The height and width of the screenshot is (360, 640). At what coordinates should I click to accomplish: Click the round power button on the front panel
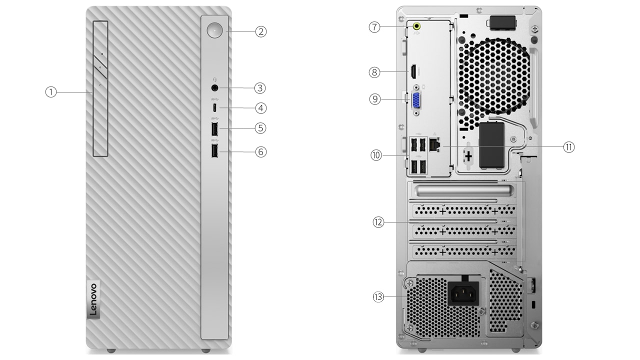[x=214, y=30]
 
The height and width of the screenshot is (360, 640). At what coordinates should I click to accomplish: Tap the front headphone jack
[x=214, y=88]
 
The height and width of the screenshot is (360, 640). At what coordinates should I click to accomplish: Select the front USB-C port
[x=214, y=107]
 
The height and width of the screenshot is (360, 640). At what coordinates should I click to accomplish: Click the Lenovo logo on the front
[x=93, y=299]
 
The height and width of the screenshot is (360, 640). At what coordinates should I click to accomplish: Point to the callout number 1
[x=51, y=92]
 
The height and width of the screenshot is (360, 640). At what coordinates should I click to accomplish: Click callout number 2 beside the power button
[x=261, y=31]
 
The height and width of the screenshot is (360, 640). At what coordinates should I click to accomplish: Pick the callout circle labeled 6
[x=261, y=151]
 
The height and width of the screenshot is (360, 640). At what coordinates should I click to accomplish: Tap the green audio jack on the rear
[x=417, y=26]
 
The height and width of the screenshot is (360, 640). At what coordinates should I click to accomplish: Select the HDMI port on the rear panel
[x=413, y=71]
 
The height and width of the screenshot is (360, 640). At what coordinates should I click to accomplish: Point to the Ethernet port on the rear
[x=434, y=145]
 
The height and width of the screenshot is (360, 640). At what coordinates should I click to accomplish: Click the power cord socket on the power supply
[x=463, y=293]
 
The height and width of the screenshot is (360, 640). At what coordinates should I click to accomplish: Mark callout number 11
[x=569, y=147]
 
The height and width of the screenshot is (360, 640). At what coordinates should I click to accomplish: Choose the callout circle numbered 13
[x=378, y=297]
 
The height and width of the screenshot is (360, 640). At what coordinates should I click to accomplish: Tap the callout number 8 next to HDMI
[x=374, y=72]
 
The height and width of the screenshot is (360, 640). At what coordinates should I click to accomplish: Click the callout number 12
[x=378, y=222]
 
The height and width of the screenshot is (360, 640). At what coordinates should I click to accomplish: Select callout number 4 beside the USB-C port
[x=261, y=108]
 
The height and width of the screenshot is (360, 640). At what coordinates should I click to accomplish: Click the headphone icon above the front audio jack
[x=215, y=79]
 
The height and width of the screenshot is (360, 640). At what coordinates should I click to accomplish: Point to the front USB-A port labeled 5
[x=214, y=129]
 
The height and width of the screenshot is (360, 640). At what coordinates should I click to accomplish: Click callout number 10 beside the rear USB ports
[x=376, y=155]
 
